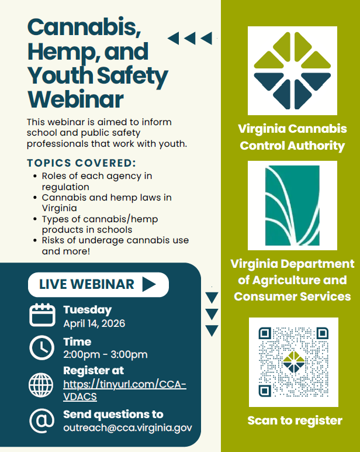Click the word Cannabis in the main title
(x=75, y=27)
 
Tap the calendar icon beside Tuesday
(x=42, y=315)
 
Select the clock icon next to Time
(x=42, y=348)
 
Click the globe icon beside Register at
(x=41, y=384)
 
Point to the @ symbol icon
(x=41, y=421)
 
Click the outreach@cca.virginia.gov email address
(x=127, y=427)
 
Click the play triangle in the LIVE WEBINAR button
(x=148, y=285)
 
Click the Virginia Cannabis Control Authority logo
(x=292, y=70)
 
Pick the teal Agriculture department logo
(x=292, y=205)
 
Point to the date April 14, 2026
(x=94, y=323)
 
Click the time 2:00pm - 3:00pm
(x=105, y=355)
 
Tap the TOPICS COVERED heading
(x=81, y=163)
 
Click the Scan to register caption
(x=295, y=420)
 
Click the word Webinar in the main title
(x=76, y=99)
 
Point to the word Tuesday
(x=87, y=310)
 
